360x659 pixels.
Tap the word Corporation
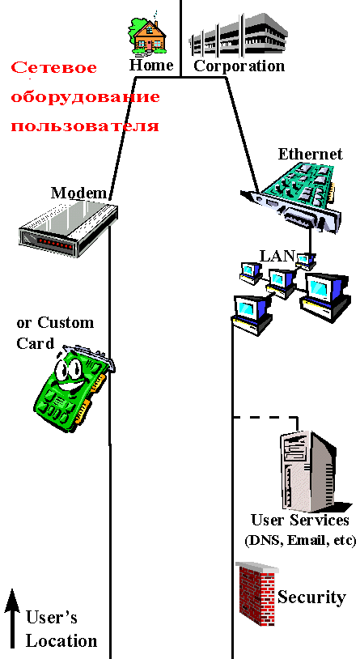point(239,66)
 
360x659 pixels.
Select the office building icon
point(238,36)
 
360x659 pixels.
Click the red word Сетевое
point(53,68)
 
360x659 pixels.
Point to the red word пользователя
point(85,126)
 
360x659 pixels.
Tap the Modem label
point(78,193)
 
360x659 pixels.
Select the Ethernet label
point(311,155)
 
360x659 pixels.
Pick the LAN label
point(277,256)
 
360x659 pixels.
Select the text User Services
point(300,521)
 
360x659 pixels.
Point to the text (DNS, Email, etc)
point(300,540)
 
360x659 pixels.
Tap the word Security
point(311,597)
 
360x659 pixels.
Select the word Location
point(61,641)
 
